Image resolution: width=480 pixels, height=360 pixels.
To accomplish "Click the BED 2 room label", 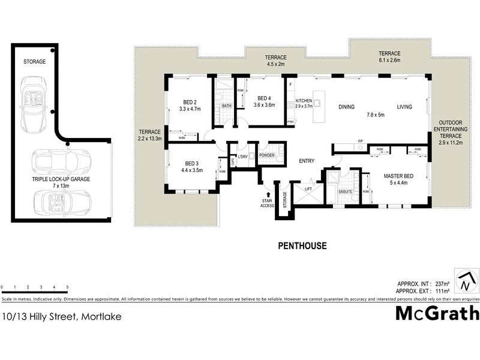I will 190,101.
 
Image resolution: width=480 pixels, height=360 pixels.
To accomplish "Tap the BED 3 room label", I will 191,163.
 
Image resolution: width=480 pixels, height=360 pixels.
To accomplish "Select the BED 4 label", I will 265,98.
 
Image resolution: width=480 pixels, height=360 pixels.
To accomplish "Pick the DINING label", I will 347,107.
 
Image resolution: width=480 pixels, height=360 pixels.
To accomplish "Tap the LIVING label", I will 404,107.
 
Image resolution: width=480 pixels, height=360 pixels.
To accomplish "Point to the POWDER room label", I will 266,156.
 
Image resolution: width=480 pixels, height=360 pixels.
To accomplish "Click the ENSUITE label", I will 346,192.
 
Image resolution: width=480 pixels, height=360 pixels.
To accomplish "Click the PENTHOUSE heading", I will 303,245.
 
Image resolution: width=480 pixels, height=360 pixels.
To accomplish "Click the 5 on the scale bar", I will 67,287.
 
